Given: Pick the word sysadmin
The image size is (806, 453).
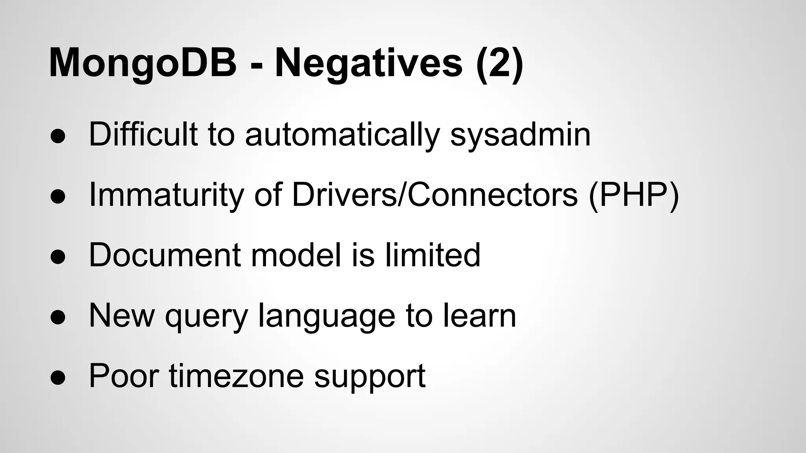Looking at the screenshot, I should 520,135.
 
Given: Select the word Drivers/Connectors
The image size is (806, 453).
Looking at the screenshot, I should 434,195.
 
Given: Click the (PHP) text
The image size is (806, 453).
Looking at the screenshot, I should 634,195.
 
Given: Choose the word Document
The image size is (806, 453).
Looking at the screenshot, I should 165,256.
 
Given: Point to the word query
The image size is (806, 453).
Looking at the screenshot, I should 206,317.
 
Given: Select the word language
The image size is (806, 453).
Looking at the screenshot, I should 326,317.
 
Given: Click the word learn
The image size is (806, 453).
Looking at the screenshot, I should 480,316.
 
